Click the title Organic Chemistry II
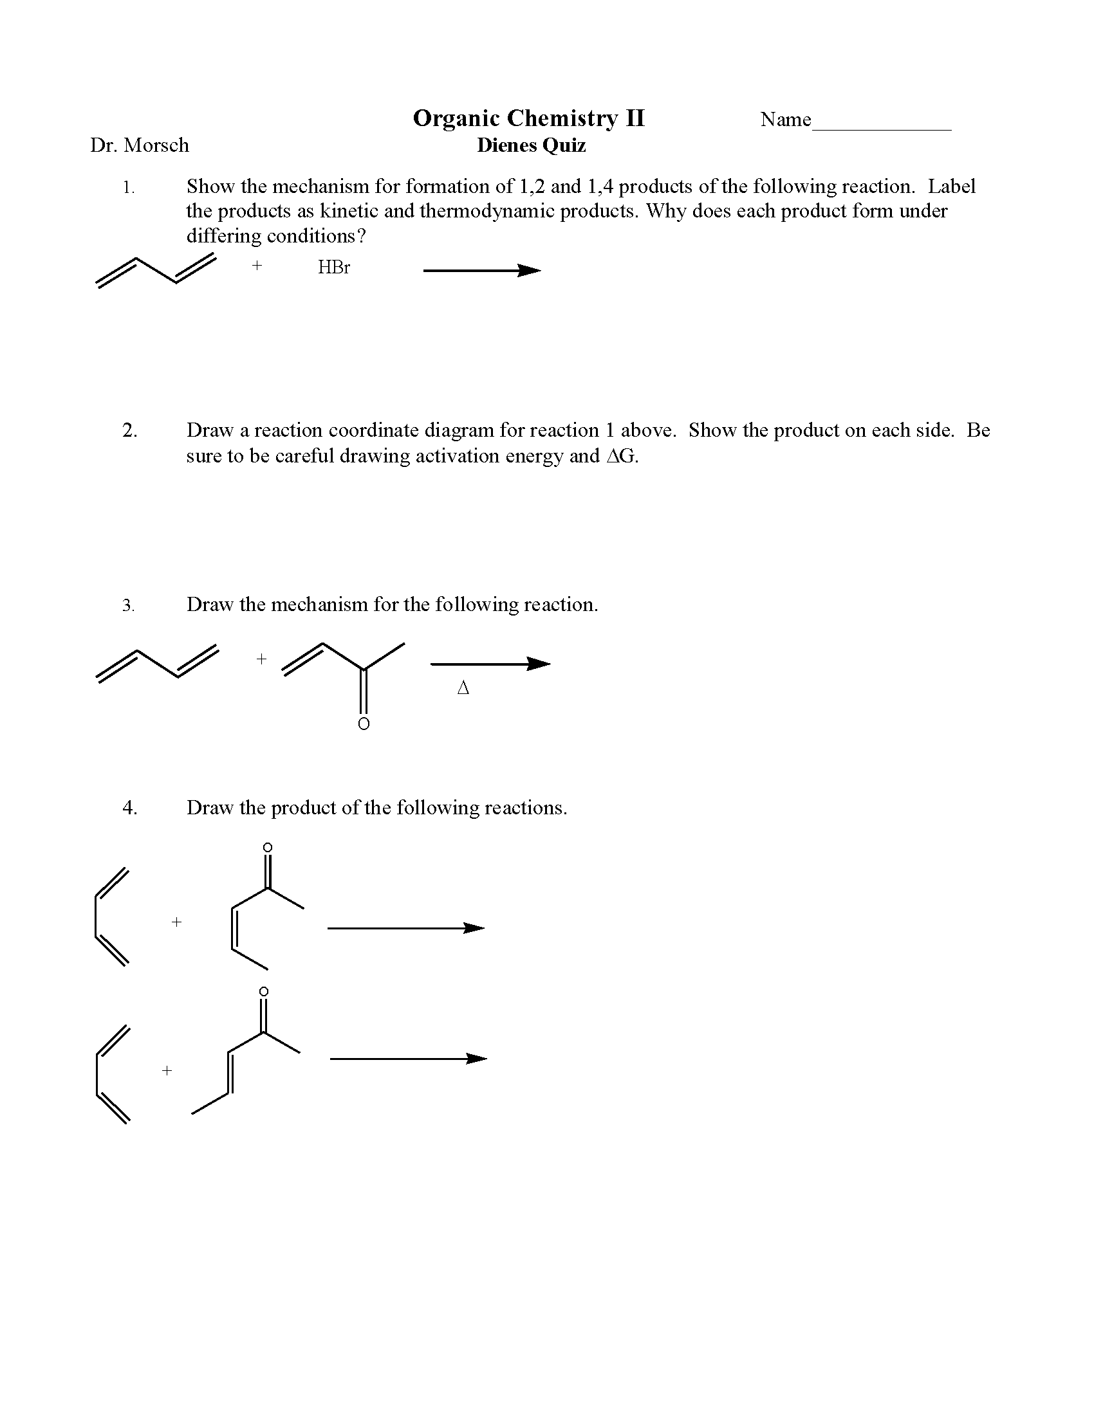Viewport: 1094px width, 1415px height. (x=529, y=118)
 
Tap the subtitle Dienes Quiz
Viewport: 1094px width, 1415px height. (x=532, y=145)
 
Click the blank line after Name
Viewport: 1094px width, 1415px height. (x=882, y=127)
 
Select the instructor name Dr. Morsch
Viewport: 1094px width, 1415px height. (x=140, y=145)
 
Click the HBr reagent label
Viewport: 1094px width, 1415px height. (x=334, y=268)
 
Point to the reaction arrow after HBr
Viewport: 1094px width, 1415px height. (x=481, y=271)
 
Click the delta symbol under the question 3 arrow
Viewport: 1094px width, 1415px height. (x=463, y=688)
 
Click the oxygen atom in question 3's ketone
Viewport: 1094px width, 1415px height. (x=364, y=724)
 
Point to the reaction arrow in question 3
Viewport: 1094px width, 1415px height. (x=490, y=664)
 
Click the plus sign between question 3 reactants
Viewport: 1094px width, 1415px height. (x=261, y=659)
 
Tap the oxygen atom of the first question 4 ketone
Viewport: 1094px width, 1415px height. (x=267, y=848)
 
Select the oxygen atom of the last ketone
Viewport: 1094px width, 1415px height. (x=263, y=991)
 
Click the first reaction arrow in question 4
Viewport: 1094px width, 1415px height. (x=405, y=928)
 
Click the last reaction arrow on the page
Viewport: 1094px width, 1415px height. (x=408, y=1059)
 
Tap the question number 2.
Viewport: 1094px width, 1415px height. (x=129, y=431)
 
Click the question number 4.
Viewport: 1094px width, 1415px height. (x=129, y=808)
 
